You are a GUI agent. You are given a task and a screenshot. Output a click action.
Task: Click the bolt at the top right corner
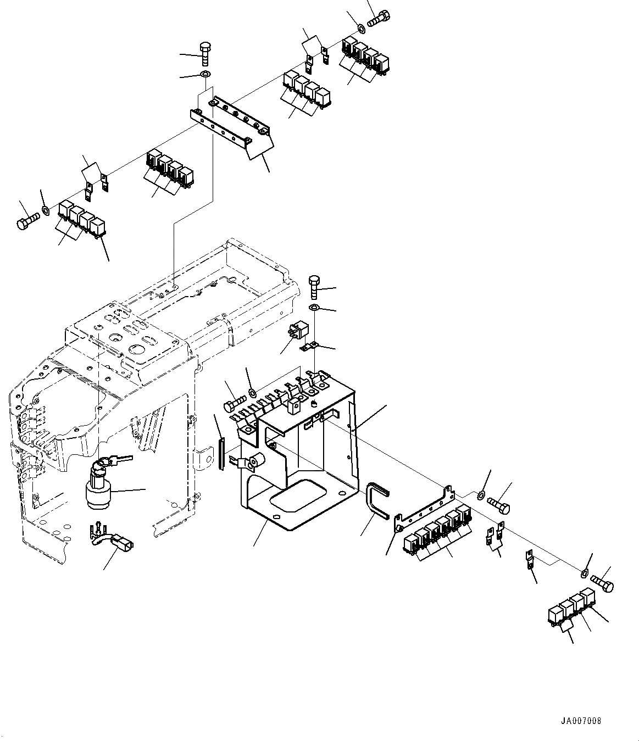pos(379,19)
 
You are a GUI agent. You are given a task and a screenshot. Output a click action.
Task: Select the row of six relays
pos(438,529)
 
